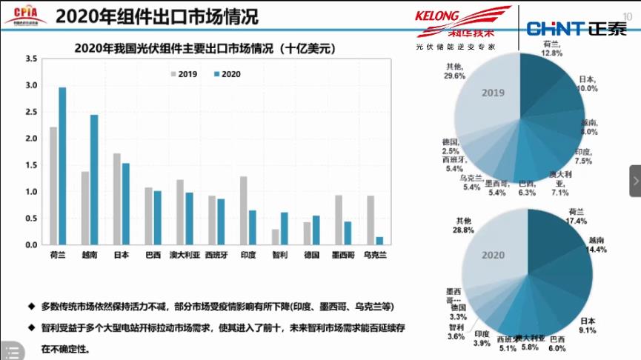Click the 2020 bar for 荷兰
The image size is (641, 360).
coord(62,166)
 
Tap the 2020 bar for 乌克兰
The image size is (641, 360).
coord(379,241)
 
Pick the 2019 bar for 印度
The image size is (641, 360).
coord(244,210)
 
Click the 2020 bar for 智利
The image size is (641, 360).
coord(284,229)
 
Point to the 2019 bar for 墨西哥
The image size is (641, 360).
coord(339,220)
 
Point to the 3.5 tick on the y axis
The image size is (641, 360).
coord(31,59)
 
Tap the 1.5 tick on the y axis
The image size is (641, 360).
coord(31,165)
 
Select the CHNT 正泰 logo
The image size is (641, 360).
coord(576,29)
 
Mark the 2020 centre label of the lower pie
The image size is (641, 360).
coord(493,255)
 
